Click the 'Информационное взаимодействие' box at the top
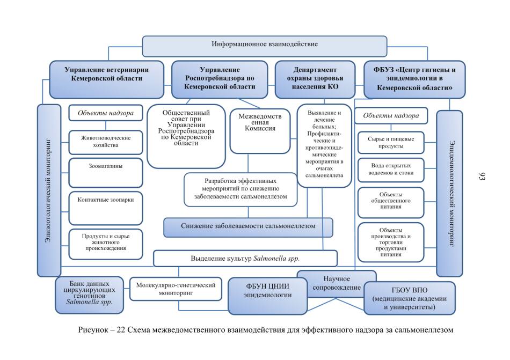(265, 46)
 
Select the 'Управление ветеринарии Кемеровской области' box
(106, 79)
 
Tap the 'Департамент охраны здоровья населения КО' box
(315, 79)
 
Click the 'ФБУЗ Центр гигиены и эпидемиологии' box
(414, 79)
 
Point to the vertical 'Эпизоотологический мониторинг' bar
(49, 190)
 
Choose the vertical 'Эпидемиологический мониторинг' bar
(449, 193)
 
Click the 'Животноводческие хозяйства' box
(106, 142)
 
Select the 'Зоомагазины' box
(106, 173)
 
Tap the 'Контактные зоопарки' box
(106, 208)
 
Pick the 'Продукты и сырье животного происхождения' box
(106, 244)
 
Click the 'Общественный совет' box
(186, 136)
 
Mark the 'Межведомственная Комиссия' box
(260, 131)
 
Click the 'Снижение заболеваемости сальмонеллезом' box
(248, 227)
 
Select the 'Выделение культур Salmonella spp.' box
(245, 258)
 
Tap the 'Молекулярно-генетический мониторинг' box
(176, 289)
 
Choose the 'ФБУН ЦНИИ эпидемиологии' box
(268, 296)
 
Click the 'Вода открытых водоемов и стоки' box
(391, 170)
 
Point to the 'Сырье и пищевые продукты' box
(391, 142)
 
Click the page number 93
(482, 177)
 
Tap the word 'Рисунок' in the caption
(92, 330)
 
